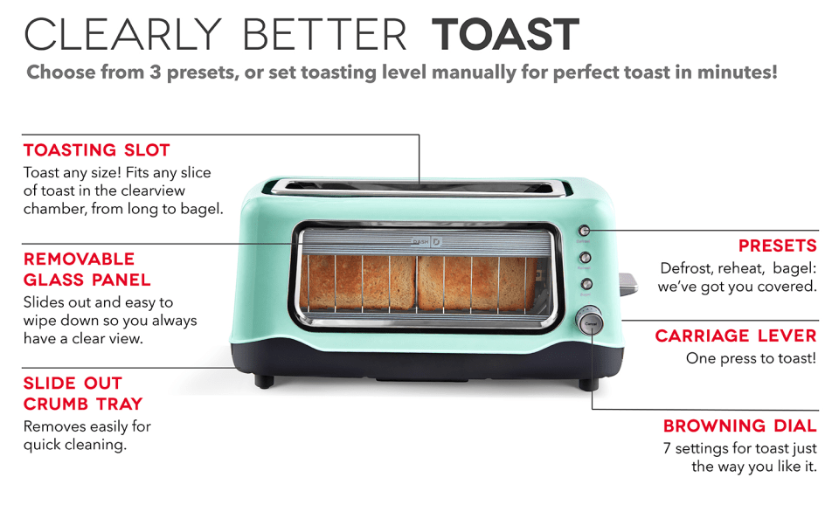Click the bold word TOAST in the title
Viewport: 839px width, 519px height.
pos(506,35)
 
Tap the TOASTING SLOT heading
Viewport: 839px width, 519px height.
pos(97,150)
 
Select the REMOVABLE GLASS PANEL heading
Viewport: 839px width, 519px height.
pos(87,269)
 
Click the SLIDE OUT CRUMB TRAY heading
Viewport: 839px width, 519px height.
pos(83,393)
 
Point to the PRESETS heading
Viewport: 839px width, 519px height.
pos(778,246)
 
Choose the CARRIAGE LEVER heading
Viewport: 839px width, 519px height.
pos(736,336)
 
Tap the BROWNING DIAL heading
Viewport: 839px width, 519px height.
pos(740,426)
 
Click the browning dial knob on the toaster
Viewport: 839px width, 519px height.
pos(589,322)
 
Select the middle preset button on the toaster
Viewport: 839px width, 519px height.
pos(586,258)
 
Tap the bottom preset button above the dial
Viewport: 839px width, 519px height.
pos(586,284)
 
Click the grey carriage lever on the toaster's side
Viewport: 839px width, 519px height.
pos(628,283)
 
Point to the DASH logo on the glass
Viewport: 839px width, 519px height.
pos(426,242)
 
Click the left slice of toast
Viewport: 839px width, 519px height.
pos(357,282)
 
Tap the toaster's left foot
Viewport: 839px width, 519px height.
pos(264,382)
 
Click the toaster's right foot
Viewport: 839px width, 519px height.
pos(589,384)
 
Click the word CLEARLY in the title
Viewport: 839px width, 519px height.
pos(122,35)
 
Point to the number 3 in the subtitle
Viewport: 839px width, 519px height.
pos(156,73)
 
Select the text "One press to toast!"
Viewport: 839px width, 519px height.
pos(752,358)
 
